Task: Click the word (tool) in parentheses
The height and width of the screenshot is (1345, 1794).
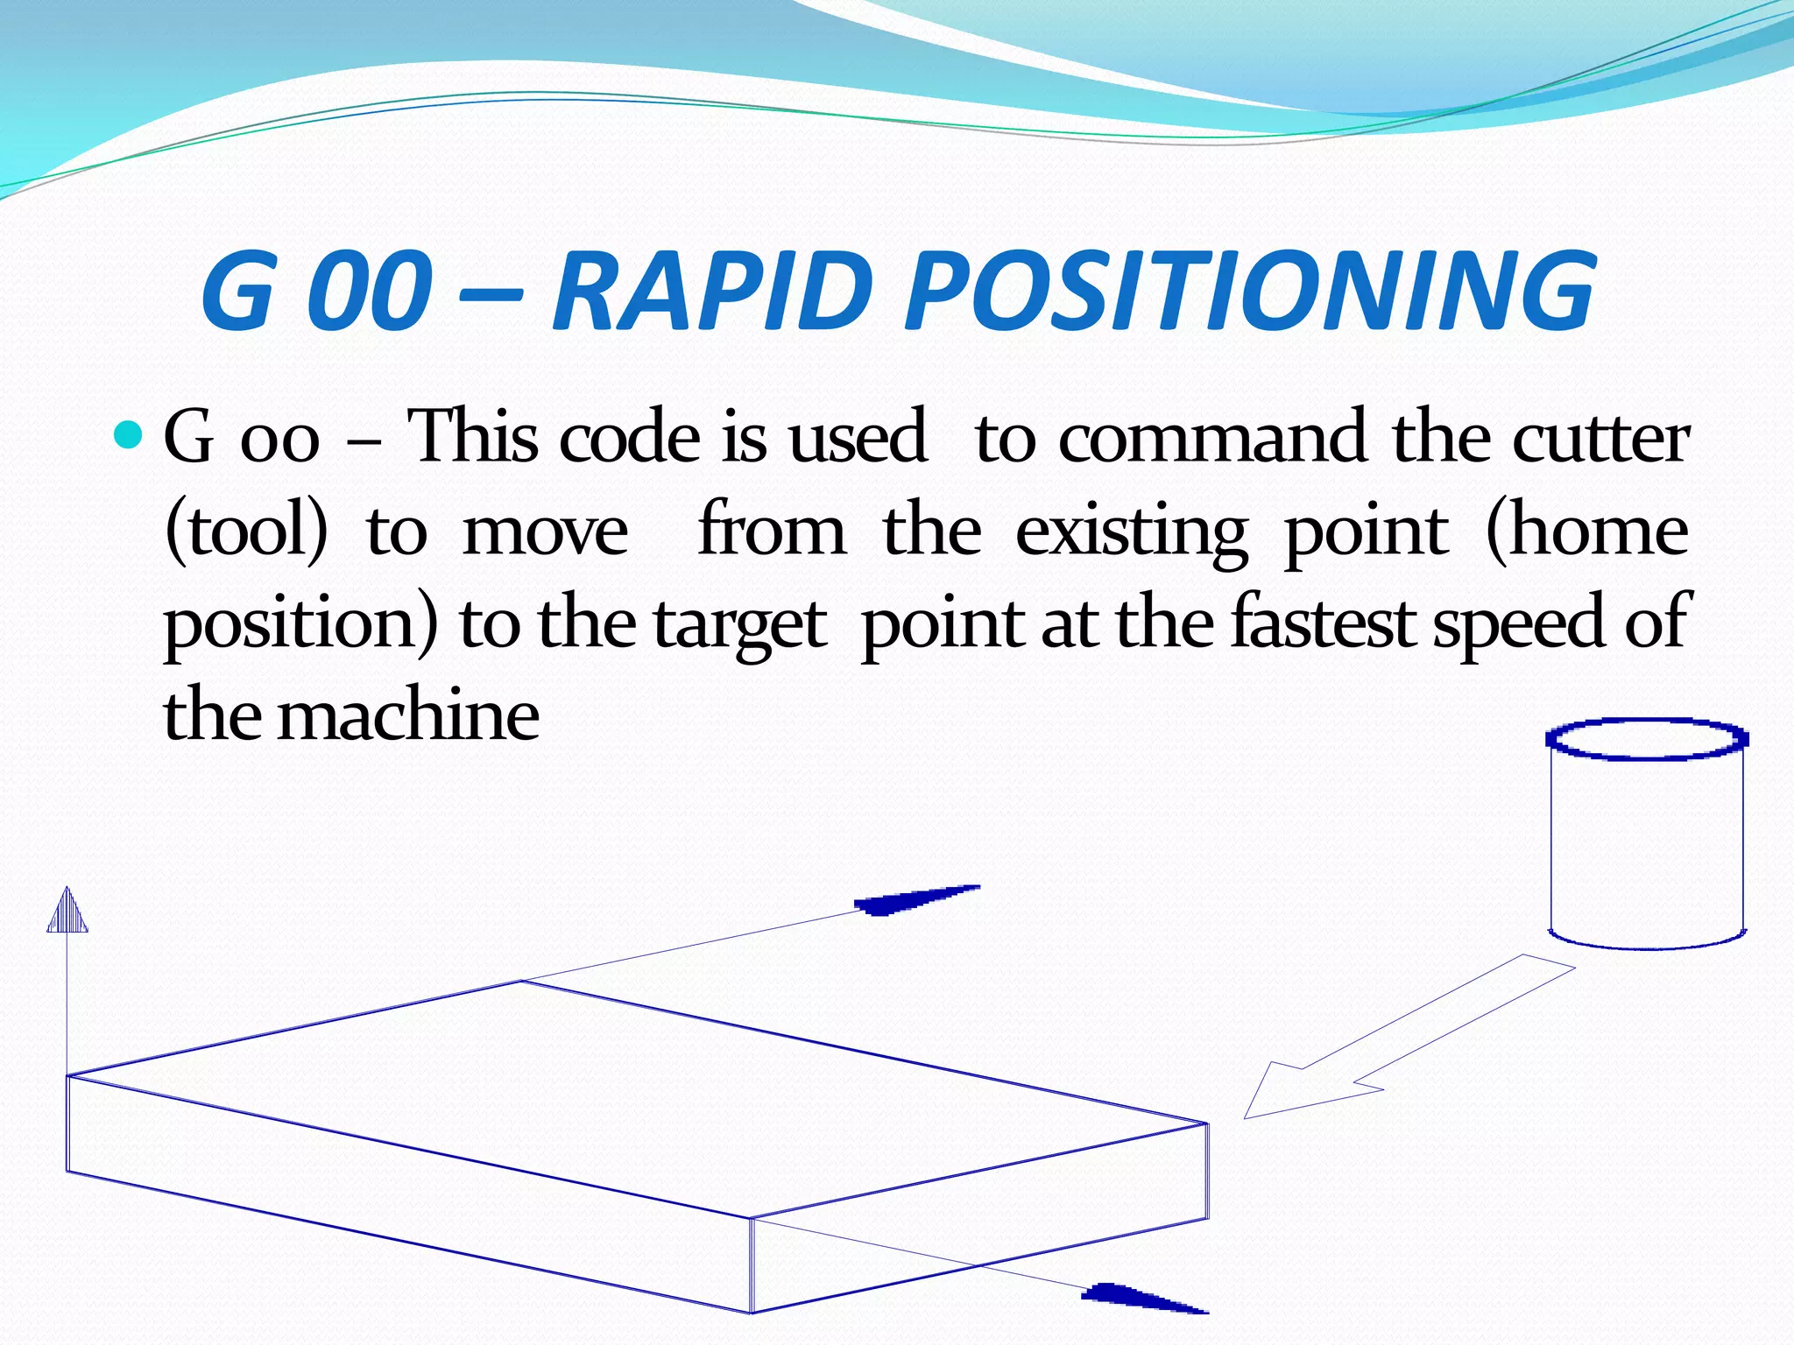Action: [246, 531]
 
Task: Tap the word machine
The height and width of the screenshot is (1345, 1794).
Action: [408, 715]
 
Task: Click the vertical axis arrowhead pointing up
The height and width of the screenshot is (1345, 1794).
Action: [67, 912]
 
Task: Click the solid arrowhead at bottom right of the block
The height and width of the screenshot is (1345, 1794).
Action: [1139, 1297]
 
